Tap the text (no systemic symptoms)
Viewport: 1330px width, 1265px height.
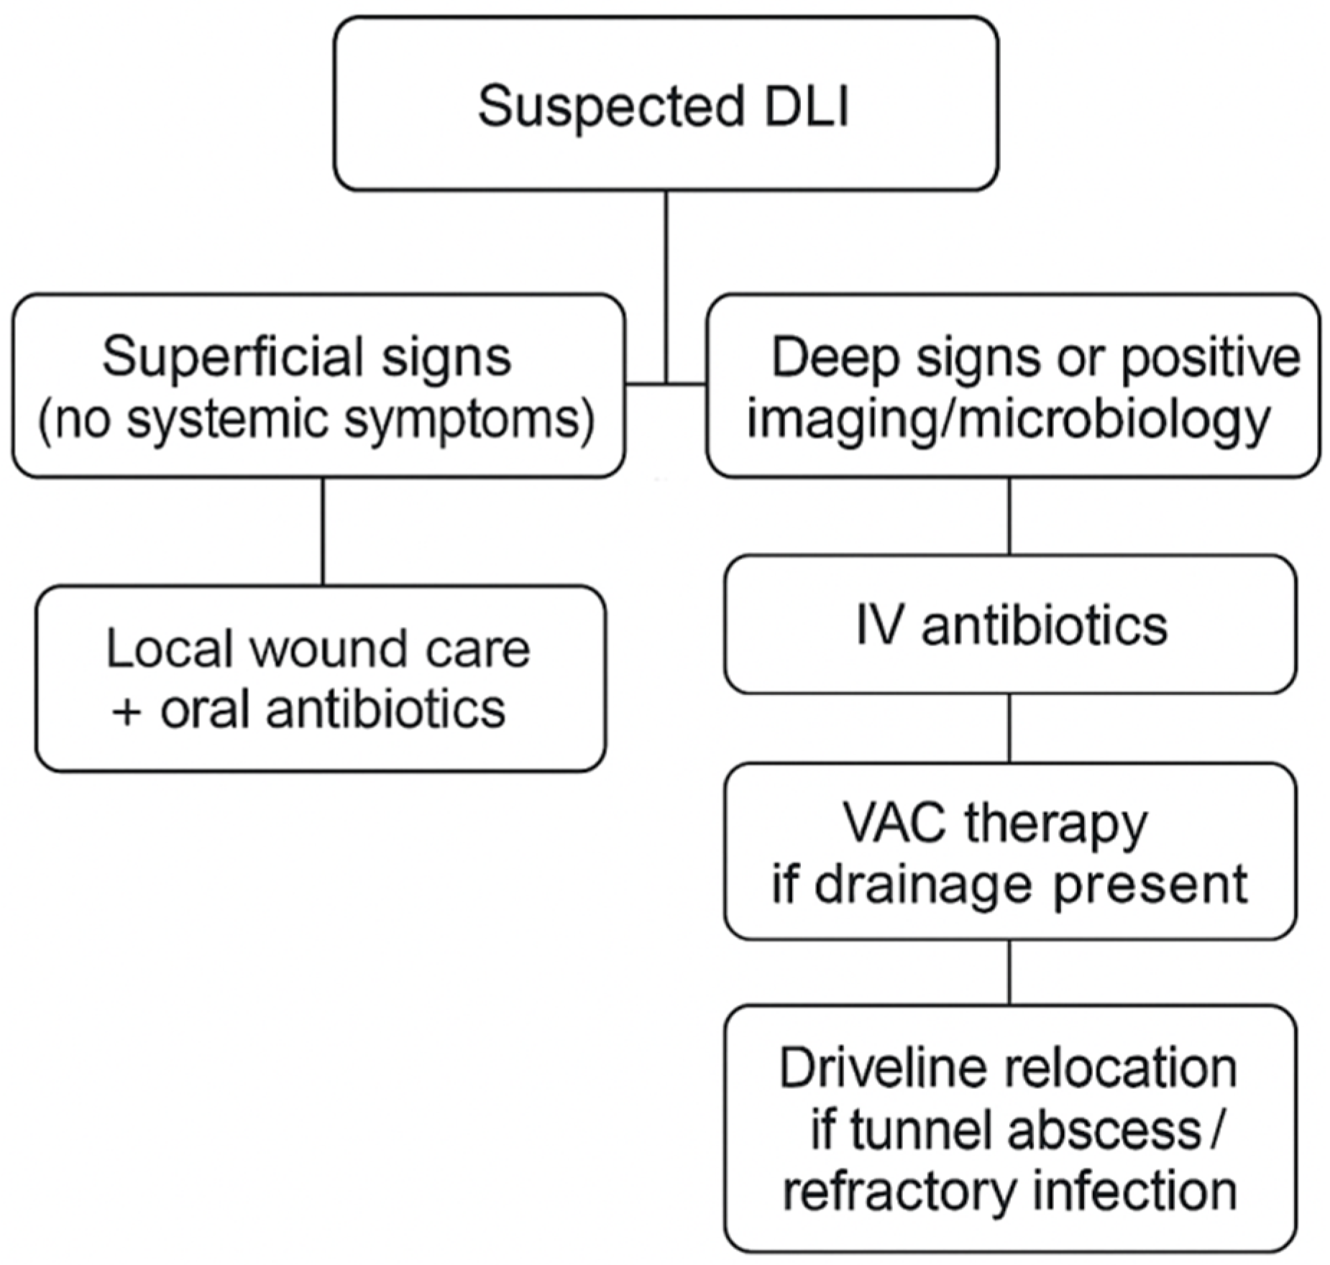316,419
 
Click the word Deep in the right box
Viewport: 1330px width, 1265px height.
834,357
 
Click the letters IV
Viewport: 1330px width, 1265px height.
878,626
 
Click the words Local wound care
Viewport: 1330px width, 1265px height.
318,649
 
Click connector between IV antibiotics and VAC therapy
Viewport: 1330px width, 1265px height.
1009,727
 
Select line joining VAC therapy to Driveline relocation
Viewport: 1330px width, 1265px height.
1009,972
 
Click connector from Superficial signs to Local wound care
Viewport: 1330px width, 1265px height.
323,531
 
